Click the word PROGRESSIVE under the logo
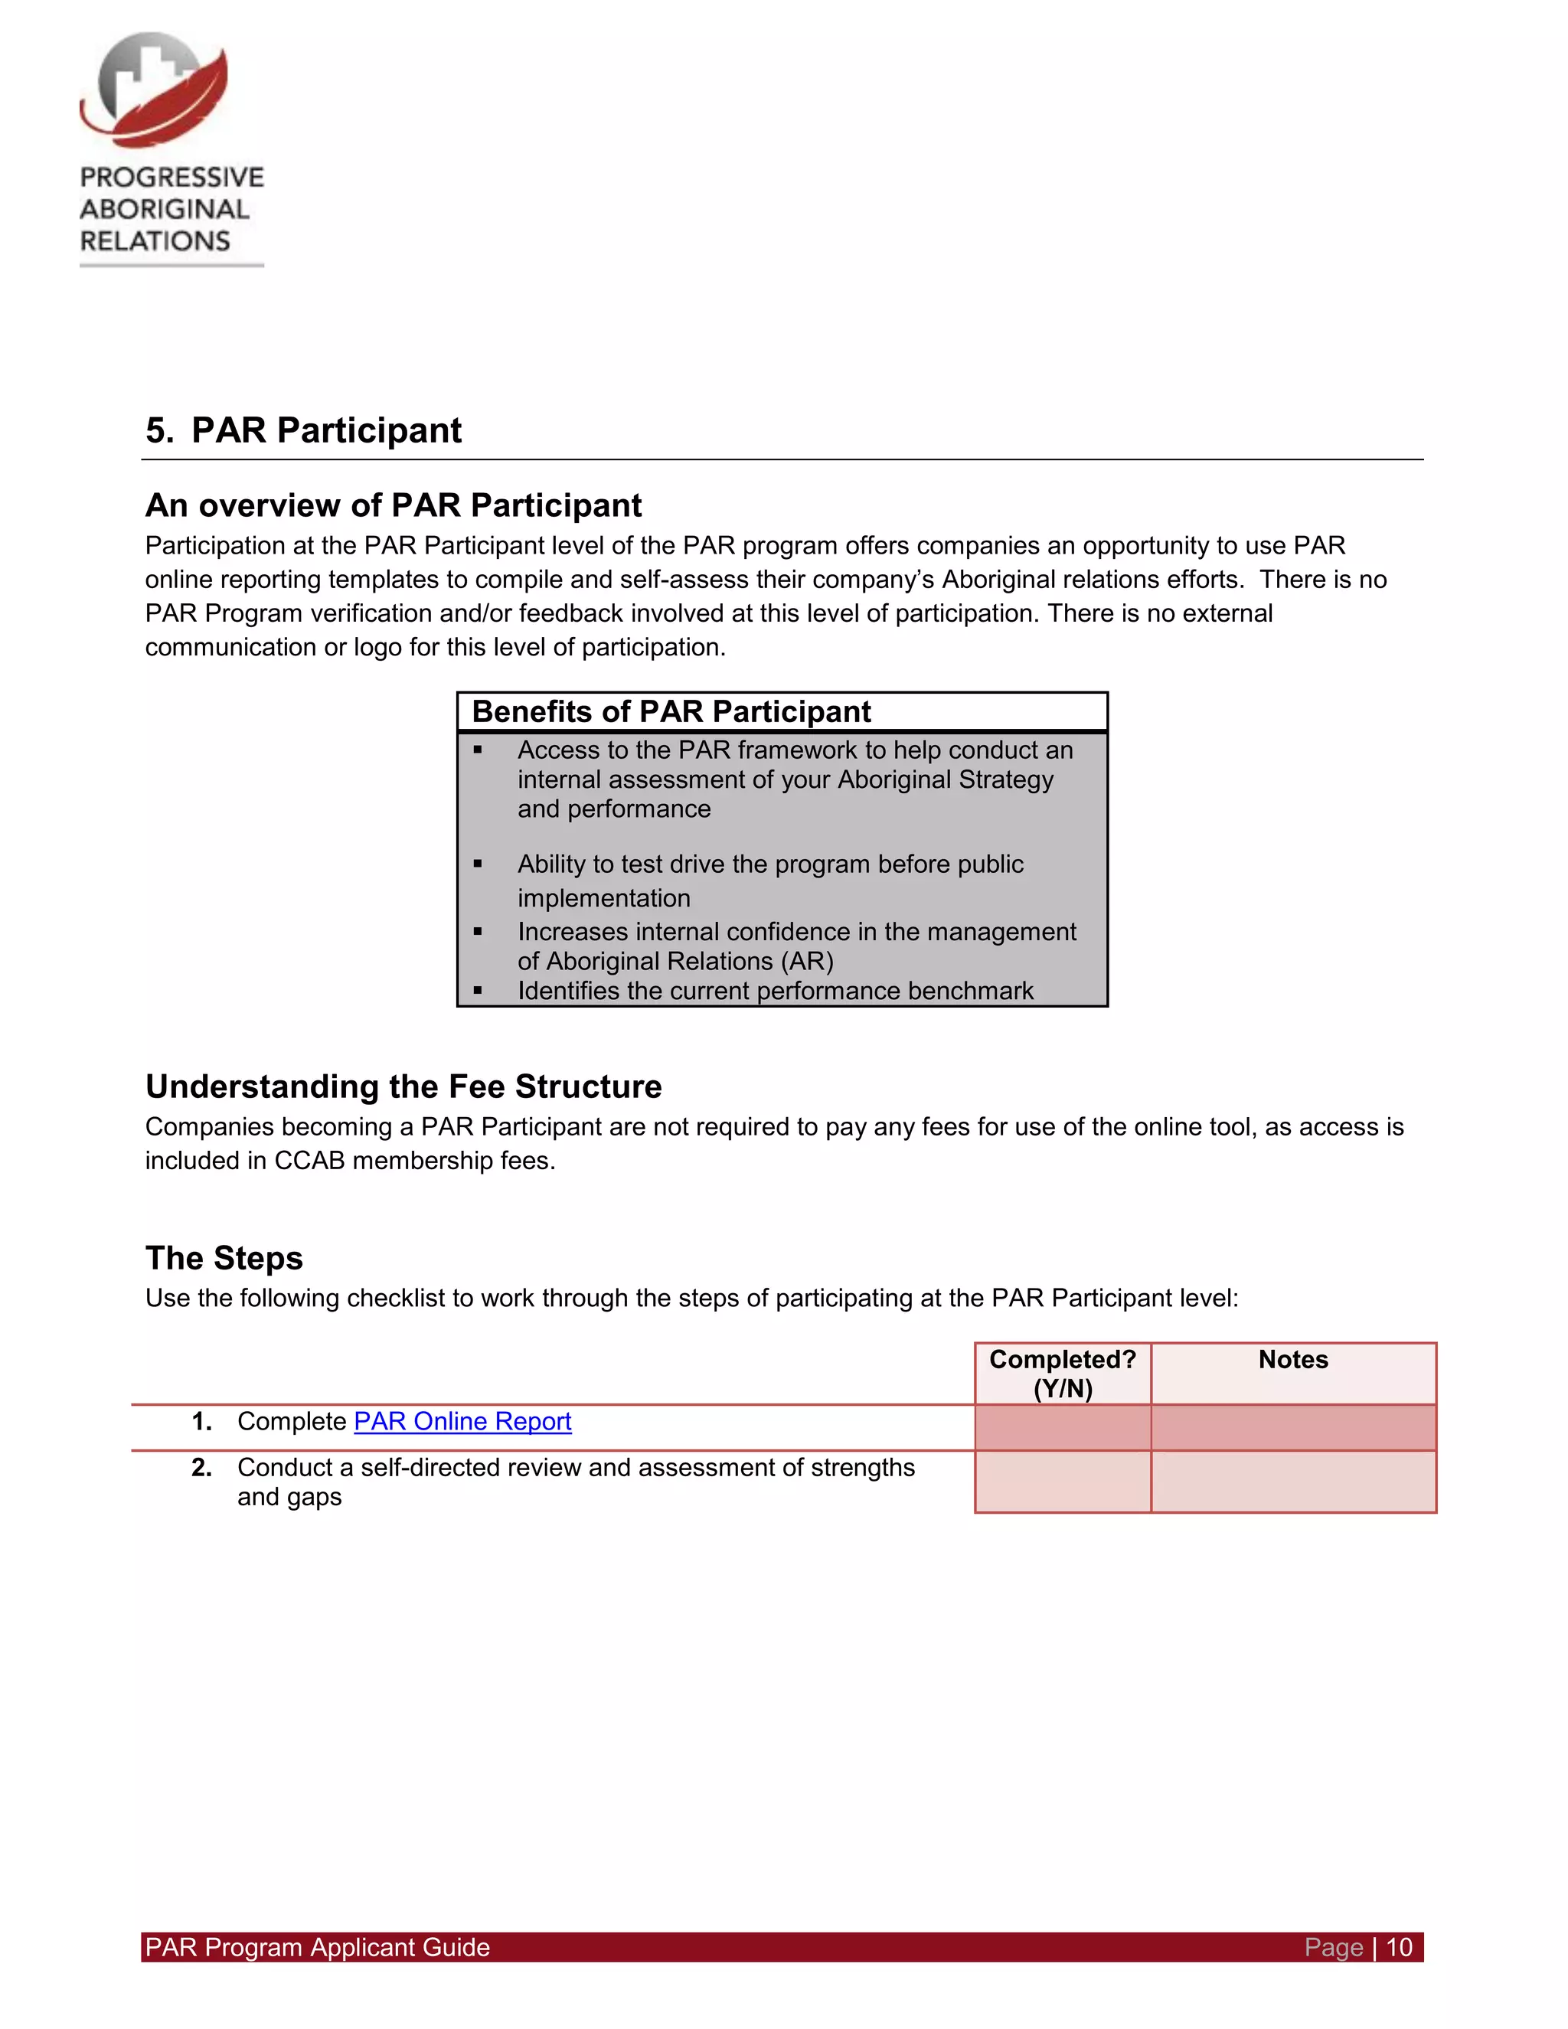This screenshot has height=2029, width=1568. coord(171,178)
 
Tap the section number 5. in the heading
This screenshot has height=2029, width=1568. coord(158,431)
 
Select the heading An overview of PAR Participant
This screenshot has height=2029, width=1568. coord(393,505)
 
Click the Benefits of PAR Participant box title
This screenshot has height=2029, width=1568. coord(671,711)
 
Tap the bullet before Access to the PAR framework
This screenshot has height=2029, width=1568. coord(478,750)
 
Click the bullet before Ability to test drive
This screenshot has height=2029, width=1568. coord(478,864)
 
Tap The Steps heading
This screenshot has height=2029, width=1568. coord(224,1258)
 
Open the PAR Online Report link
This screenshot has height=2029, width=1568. coord(462,1421)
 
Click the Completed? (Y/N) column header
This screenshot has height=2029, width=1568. coord(1063,1373)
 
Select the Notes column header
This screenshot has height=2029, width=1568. coord(1293,1360)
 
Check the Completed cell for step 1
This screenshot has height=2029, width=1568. coord(1063,1428)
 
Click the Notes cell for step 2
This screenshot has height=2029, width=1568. coord(1293,1482)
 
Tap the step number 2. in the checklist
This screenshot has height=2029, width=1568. coord(201,1468)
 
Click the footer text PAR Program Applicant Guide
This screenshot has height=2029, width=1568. coord(318,1947)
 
